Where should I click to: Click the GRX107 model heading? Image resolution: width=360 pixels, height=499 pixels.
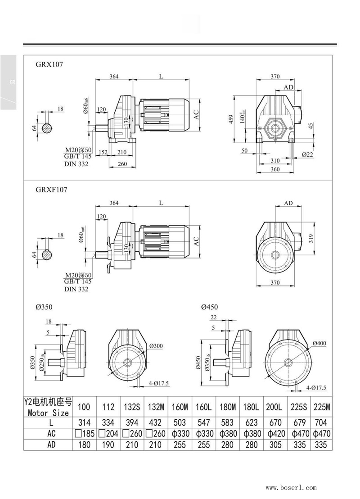click(49, 65)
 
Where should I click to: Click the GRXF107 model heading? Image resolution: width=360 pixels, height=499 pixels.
click(51, 190)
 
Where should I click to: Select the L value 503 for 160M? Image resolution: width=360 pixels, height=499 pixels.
click(180, 423)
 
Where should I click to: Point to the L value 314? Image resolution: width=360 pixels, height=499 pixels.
click(84, 423)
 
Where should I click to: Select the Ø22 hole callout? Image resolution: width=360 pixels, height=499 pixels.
click(308, 154)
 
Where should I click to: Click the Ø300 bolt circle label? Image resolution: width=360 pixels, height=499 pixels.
click(156, 346)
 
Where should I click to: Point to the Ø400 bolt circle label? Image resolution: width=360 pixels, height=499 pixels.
click(319, 343)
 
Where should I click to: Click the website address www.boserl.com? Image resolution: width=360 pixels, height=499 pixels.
click(291, 487)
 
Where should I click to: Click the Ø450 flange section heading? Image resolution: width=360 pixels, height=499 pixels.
click(209, 307)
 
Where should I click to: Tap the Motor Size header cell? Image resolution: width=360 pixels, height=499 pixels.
click(48, 408)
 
